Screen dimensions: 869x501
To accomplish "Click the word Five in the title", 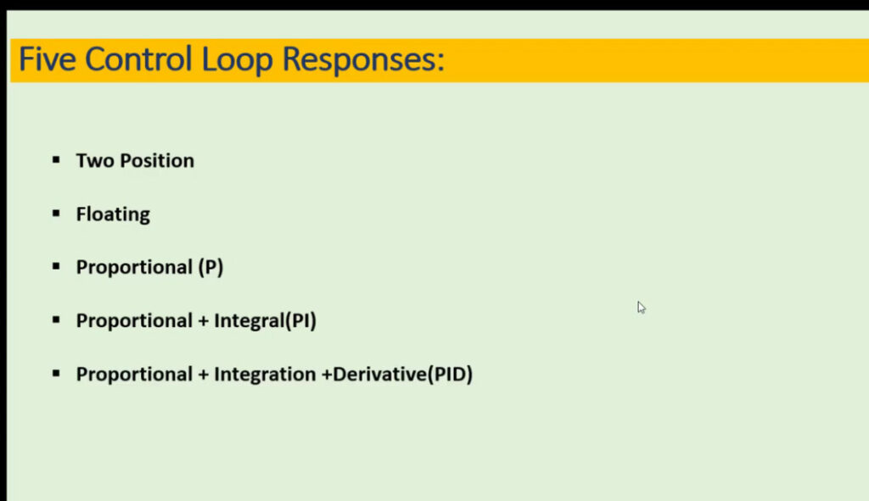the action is click(x=48, y=58).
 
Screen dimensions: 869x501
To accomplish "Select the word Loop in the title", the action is click(x=238, y=61).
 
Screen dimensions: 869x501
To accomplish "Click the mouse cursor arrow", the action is click(x=642, y=308).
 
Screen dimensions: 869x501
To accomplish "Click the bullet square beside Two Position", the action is click(x=56, y=160).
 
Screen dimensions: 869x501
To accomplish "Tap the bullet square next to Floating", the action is click(x=56, y=213).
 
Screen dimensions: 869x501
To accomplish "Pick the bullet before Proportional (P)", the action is click(x=56, y=266).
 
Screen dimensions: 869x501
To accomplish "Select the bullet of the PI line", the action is click(x=56, y=320).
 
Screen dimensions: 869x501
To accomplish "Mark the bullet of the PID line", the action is click(x=56, y=373).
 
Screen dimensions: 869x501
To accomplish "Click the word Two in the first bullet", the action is click(x=95, y=160).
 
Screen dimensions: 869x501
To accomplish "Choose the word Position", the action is click(x=157, y=160).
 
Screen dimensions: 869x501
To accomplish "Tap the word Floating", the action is click(x=113, y=214).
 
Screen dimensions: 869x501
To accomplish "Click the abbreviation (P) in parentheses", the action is click(x=210, y=267).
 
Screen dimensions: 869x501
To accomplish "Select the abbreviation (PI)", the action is click(x=300, y=320).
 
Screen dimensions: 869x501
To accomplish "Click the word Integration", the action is click(x=266, y=375).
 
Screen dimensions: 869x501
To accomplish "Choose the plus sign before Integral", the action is click(x=203, y=321).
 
